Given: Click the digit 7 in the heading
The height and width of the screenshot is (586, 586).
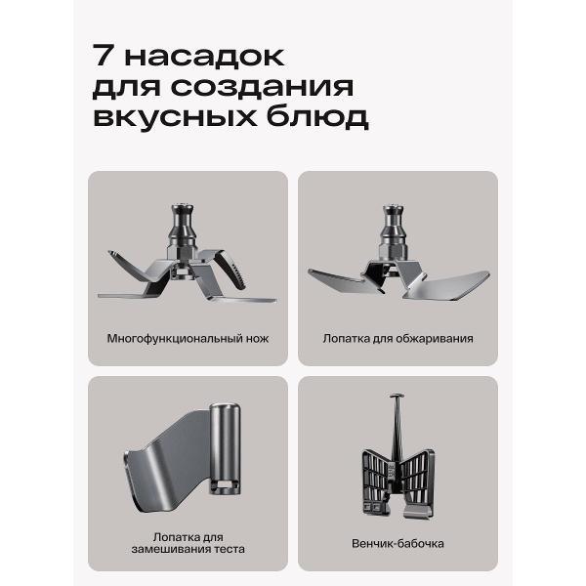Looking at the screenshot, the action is [102, 56].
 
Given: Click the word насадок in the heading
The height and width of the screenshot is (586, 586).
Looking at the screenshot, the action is [204, 57].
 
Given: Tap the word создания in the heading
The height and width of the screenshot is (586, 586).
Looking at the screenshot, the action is [262, 87].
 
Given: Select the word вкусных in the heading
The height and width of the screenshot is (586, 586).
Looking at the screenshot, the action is [175, 117].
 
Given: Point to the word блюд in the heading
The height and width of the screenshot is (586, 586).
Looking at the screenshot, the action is [317, 117].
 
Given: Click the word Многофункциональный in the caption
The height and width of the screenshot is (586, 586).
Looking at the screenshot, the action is [175, 339].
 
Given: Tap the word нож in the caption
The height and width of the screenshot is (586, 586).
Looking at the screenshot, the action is [257, 339].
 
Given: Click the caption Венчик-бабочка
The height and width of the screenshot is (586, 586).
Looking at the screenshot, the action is [398, 543].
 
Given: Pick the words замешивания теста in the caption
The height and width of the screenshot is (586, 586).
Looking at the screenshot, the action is [188, 549].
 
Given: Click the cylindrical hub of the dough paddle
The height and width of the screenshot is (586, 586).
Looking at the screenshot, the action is [225, 448].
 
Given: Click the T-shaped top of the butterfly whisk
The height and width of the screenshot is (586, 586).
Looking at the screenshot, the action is [397, 396].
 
